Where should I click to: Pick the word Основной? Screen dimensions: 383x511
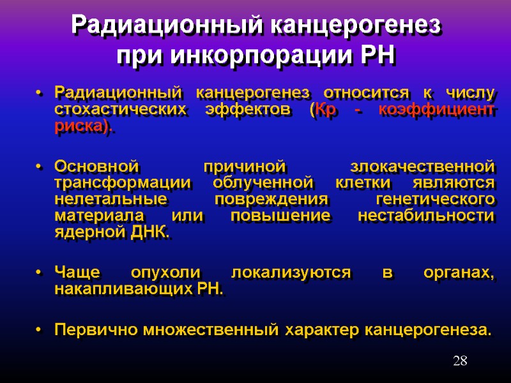click(x=96, y=167)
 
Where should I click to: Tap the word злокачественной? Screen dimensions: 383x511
click(x=423, y=167)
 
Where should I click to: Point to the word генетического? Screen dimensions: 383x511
click(x=435, y=199)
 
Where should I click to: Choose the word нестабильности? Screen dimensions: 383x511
click(x=426, y=216)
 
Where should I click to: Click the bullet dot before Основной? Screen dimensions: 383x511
click(x=40, y=167)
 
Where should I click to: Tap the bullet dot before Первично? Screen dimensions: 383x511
click(x=40, y=331)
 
